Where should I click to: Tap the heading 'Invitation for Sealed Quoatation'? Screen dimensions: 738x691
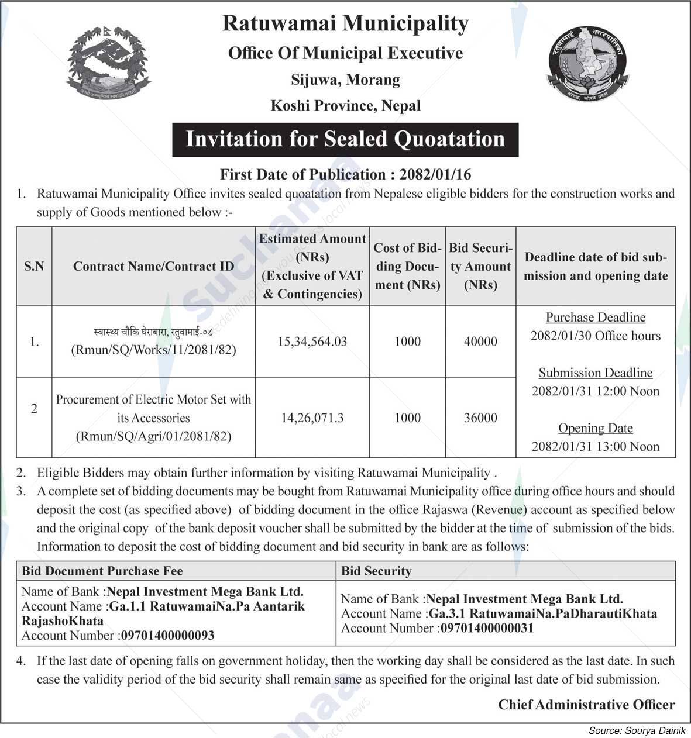pyautogui.click(x=345, y=139)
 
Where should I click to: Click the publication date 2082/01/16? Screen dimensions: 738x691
pyautogui.click(x=435, y=174)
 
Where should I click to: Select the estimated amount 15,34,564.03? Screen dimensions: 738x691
pyautogui.click(x=312, y=342)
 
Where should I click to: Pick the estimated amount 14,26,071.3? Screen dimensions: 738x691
pyautogui.click(x=312, y=418)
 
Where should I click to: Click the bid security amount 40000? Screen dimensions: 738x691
pyautogui.click(x=480, y=342)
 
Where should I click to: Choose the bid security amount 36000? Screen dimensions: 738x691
pyautogui.click(x=480, y=418)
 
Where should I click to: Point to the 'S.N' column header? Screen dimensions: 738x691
pyautogui.click(x=34, y=267)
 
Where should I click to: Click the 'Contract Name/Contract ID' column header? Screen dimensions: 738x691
pyautogui.click(x=153, y=267)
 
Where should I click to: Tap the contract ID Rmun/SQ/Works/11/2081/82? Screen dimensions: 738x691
pyautogui.click(x=153, y=351)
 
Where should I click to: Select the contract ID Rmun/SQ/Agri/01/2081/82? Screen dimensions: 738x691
pyautogui.click(x=153, y=436)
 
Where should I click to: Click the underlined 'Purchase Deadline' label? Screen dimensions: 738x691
pyautogui.click(x=596, y=318)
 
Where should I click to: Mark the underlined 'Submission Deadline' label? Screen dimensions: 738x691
pyautogui.click(x=596, y=373)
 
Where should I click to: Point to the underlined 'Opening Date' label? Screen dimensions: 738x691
pyautogui.click(x=596, y=428)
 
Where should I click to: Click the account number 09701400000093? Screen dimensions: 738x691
pyautogui.click(x=167, y=636)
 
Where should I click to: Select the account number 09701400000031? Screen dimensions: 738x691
pyautogui.click(x=486, y=629)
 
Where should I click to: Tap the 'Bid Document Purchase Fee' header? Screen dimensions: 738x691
pyautogui.click(x=102, y=571)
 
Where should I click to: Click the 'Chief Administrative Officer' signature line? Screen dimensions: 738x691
pyautogui.click(x=586, y=705)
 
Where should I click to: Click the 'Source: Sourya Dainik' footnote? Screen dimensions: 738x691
pyautogui.click(x=637, y=731)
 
